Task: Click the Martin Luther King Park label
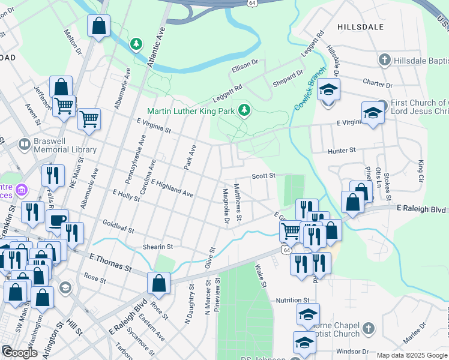pos(191,110)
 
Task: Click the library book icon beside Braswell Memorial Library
pos(25,145)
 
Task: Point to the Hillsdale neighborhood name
pos(360,27)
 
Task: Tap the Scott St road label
pos(263,176)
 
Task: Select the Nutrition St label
pos(292,300)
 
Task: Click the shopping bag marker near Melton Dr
pos(98,26)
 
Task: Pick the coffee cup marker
pos(58,220)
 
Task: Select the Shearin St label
pos(157,247)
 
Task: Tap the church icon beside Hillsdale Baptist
pos(384,60)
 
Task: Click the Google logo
pos(19,352)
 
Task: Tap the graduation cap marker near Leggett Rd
pos(328,90)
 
